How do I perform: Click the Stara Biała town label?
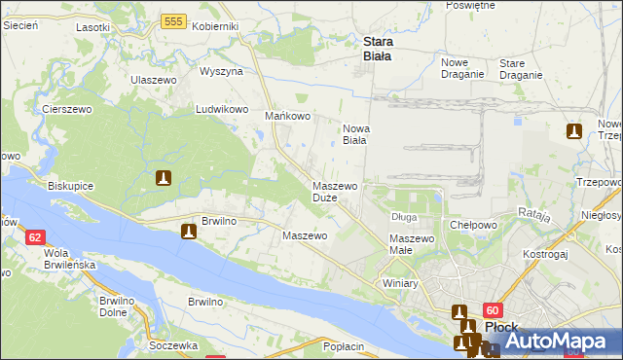(x=377, y=49)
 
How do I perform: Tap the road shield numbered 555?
(x=174, y=21)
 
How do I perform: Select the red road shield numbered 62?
(x=36, y=237)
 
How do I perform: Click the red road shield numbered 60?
(x=490, y=308)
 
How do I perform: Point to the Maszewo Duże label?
(x=336, y=192)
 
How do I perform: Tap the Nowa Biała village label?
(x=354, y=134)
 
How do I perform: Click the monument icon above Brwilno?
(x=189, y=232)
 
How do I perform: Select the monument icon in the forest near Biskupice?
(x=165, y=178)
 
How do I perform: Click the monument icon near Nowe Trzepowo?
(x=573, y=131)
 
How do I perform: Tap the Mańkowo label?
(x=288, y=117)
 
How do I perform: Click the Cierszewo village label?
(x=66, y=110)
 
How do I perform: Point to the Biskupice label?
(x=72, y=184)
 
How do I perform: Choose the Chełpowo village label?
(x=474, y=225)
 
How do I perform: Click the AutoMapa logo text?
(x=559, y=342)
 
